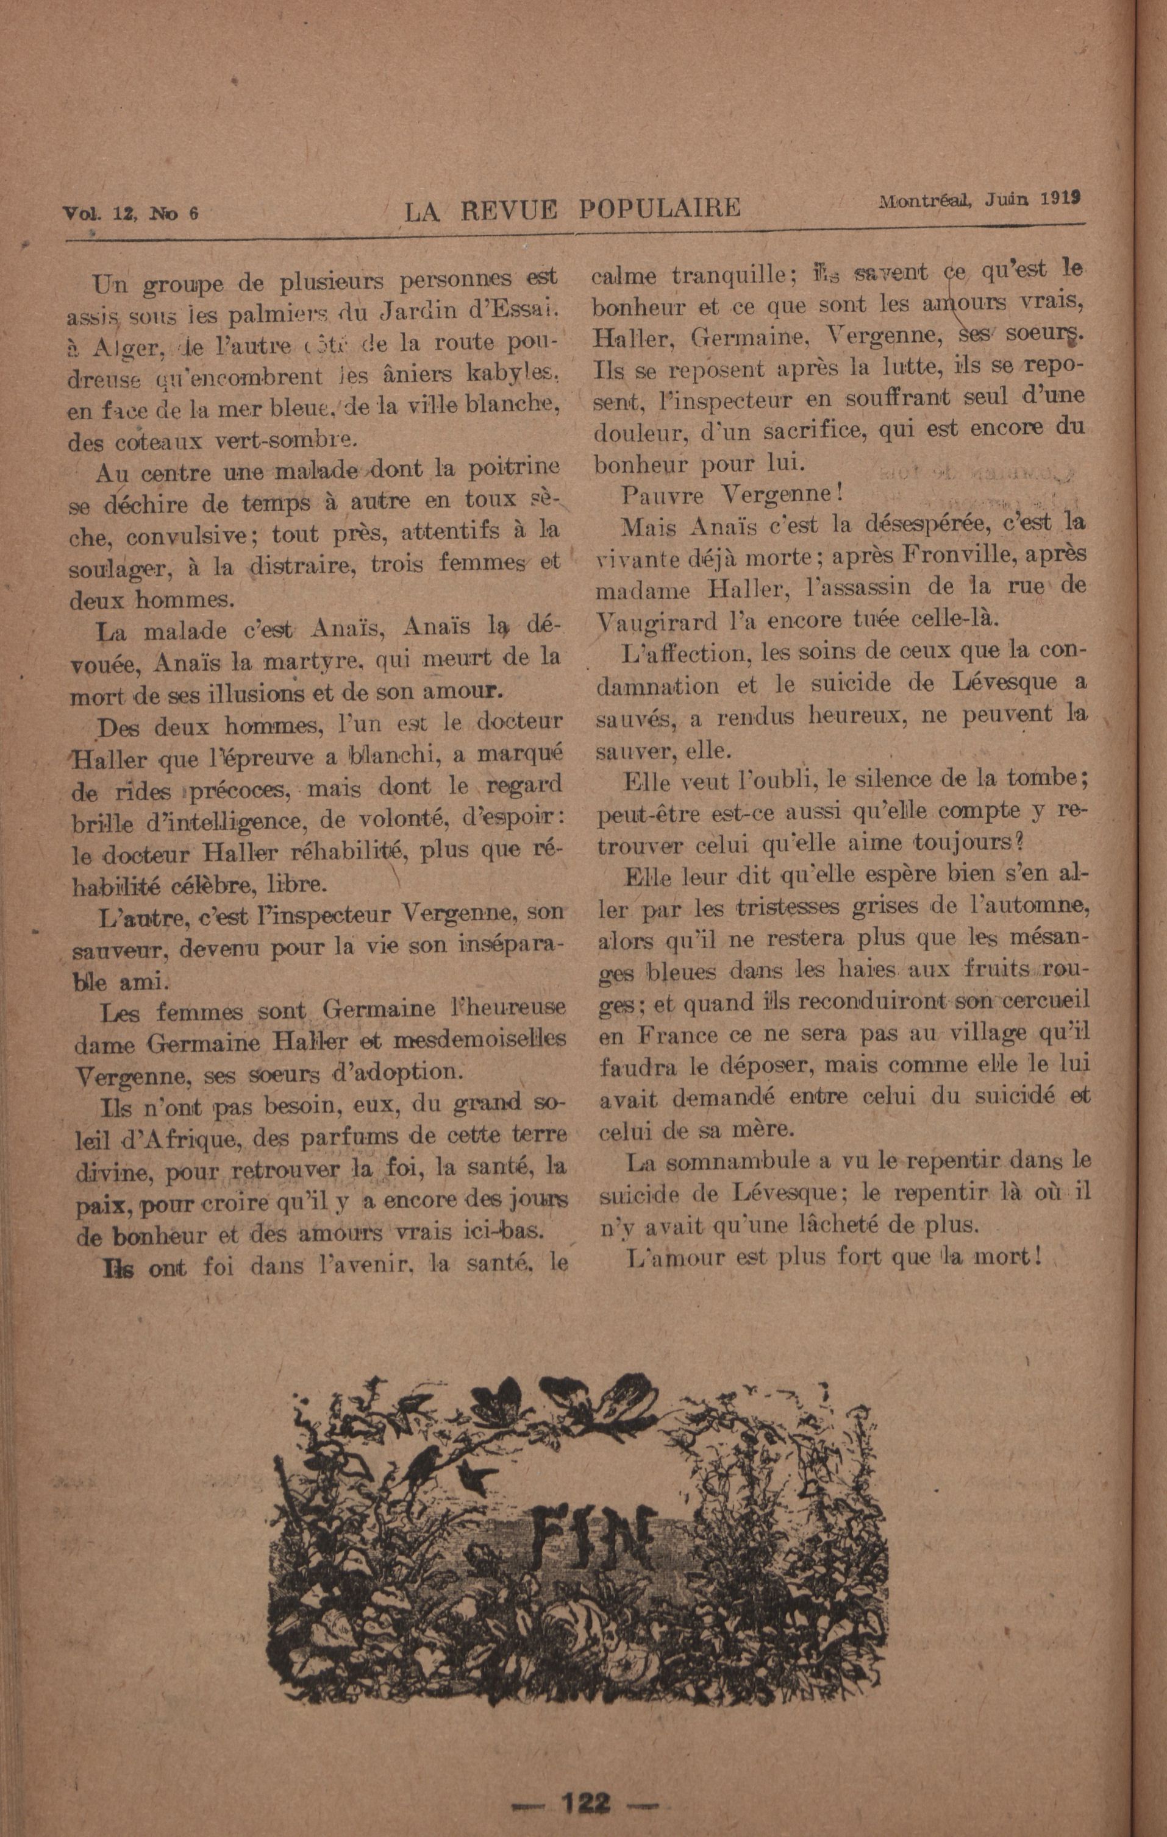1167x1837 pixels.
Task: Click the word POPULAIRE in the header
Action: tap(658, 208)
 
